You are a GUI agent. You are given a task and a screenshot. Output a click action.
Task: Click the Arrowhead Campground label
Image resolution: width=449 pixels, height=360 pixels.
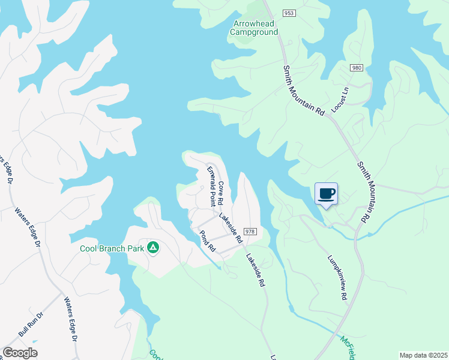tap(255, 28)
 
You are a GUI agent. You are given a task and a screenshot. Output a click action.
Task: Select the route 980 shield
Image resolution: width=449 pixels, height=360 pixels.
tap(357, 68)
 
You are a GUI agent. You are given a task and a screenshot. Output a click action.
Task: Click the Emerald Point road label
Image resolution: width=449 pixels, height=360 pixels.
tap(211, 186)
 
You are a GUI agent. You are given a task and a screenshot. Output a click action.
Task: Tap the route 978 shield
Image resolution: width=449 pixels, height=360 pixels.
tap(251, 232)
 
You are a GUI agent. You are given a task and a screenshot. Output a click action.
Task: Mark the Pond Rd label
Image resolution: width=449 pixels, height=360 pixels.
tap(208, 239)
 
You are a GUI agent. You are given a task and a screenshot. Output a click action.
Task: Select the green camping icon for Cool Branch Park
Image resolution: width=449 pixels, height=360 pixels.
tap(153, 247)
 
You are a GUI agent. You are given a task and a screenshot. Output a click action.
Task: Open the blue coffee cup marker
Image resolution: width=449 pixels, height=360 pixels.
tap(326, 194)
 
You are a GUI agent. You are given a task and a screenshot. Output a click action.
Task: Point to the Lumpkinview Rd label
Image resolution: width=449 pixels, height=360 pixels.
tap(337, 278)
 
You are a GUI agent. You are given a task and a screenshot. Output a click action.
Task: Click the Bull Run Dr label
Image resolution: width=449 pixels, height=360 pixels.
tap(31, 325)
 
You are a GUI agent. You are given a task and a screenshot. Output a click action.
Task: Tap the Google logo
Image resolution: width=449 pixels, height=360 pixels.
tap(20, 353)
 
